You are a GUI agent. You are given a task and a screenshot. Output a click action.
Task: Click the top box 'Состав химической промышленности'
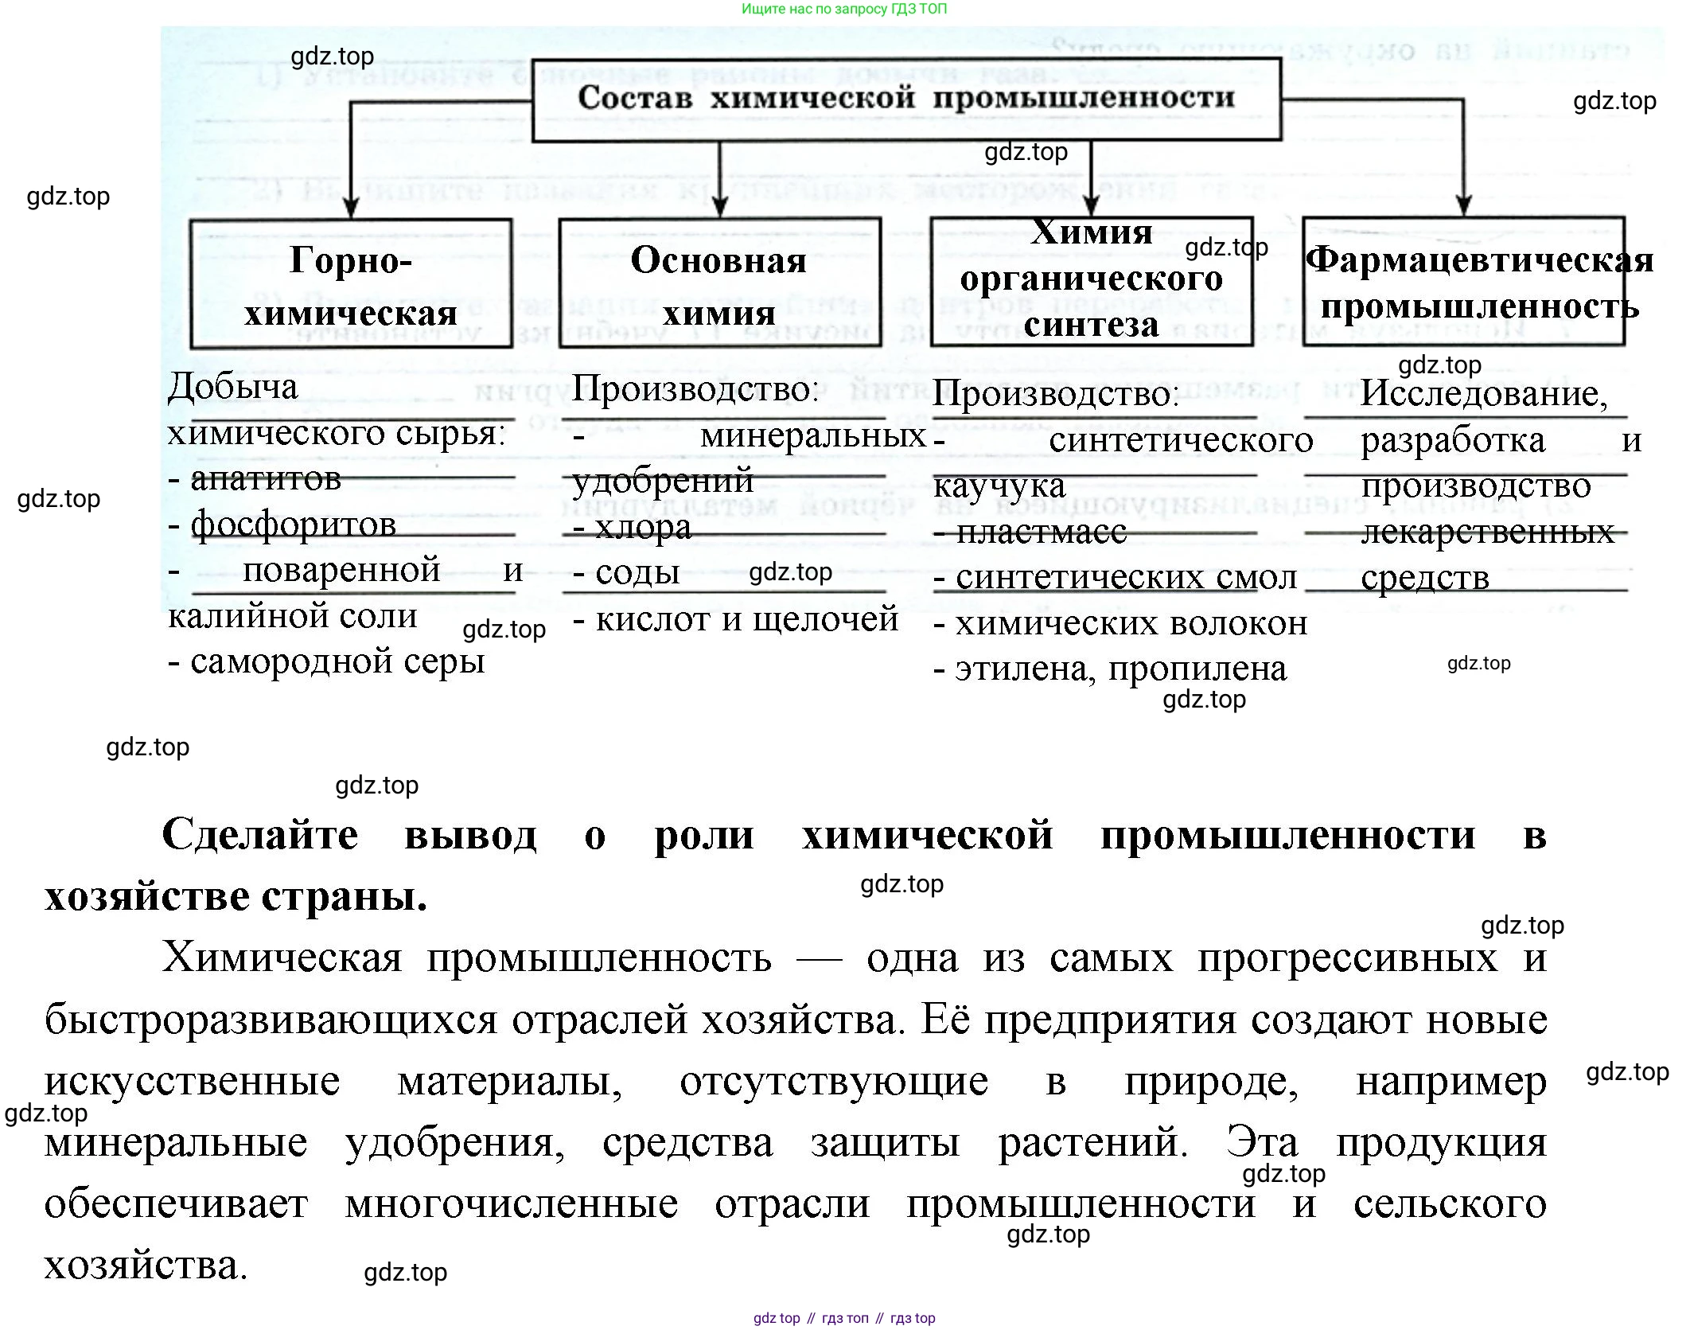click(x=905, y=99)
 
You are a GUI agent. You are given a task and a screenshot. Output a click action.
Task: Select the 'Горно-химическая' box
click(x=350, y=284)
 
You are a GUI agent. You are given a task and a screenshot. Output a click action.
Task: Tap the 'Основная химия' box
click(x=719, y=284)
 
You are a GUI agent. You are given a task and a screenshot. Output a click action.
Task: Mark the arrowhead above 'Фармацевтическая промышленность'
click(x=1463, y=205)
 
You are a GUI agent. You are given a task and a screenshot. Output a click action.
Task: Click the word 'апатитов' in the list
click(x=266, y=478)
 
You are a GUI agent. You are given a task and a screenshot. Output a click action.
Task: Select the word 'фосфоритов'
click(x=294, y=525)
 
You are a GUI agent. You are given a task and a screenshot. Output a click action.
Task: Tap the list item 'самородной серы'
click(x=337, y=661)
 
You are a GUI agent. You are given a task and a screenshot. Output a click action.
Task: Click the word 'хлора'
click(x=643, y=527)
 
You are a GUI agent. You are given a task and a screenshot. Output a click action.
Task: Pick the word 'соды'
click(x=637, y=572)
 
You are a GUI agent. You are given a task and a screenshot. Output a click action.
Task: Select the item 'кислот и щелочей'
click(x=747, y=618)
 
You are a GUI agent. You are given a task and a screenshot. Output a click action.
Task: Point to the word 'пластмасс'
click(x=1041, y=531)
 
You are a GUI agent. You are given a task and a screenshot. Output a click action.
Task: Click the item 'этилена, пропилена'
click(x=1120, y=669)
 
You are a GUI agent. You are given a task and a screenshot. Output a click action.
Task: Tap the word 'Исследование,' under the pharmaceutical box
click(x=1484, y=393)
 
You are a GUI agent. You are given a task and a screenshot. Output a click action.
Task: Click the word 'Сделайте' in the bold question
click(x=260, y=835)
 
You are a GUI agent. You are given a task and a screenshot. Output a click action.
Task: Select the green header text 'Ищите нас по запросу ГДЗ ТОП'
click(x=844, y=9)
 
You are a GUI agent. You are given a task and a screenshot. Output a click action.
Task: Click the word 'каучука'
click(x=999, y=486)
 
